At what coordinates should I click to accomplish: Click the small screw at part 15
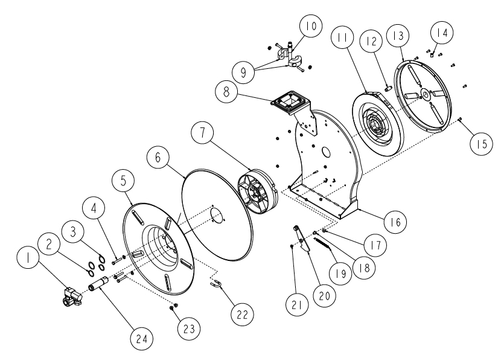[460, 119]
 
